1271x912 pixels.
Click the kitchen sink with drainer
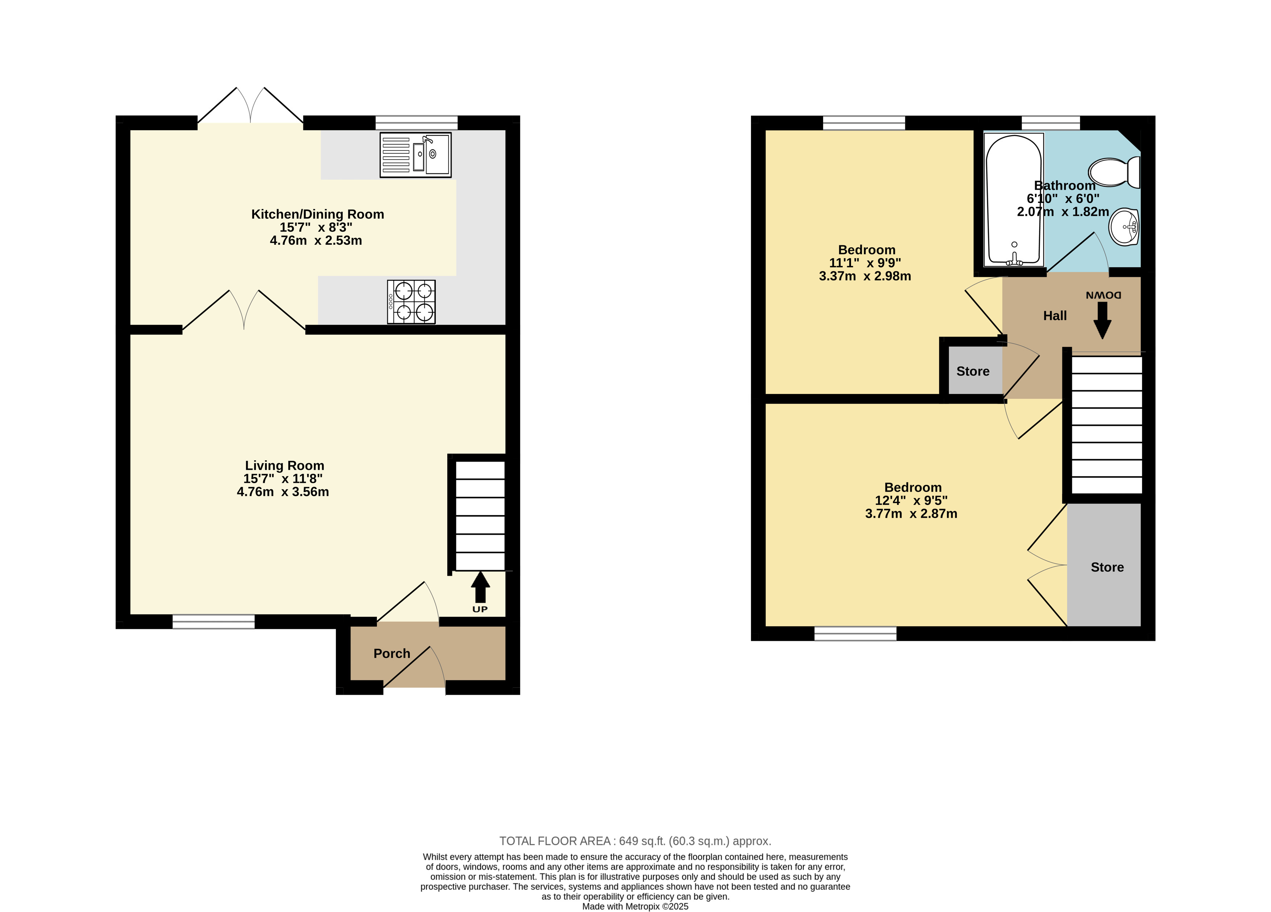coord(415,155)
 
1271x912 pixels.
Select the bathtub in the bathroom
coord(1014,200)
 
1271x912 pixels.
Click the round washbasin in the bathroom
coord(1124,227)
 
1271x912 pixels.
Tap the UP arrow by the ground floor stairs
coord(480,587)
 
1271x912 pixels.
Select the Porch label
coord(392,654)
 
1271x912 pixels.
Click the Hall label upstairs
coord(1055,316)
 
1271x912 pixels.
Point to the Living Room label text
coord(285,466)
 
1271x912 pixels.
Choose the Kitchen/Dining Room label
coord(318,214)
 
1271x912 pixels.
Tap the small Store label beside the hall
coord(973,372)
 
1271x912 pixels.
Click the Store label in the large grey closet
coord(1107,567)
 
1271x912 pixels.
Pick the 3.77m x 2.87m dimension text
coord(911,514)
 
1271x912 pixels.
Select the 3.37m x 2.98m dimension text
coord(865,276)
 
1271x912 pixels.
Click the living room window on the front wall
coord(213,622)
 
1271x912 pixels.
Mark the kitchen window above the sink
coord(416,123)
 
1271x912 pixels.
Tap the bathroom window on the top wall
coord(1051,123)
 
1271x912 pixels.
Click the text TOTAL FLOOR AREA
coord(555,841)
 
